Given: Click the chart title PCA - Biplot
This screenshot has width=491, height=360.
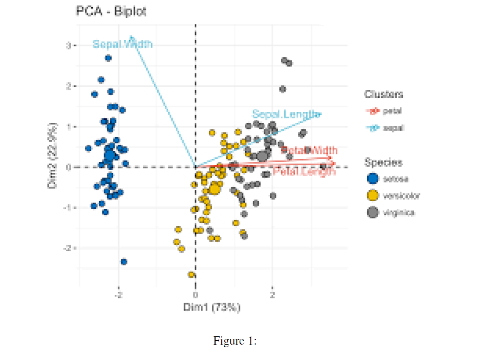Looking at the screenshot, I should click(x=111, y=11).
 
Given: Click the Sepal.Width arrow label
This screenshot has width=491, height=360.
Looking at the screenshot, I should click(x=122, y=44).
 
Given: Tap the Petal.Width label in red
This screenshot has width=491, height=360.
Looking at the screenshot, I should click(x=309, y=150).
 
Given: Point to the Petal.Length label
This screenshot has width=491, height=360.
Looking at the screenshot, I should click(x=304, y=171).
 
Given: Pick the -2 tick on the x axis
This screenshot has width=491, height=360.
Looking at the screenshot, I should click(x=118, y=295).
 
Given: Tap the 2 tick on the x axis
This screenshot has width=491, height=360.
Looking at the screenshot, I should click(x=272, y=295).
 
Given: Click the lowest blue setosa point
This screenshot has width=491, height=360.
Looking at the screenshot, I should click(x=124, y=262).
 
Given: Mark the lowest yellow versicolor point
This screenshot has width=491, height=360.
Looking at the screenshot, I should click(x=191, y=275).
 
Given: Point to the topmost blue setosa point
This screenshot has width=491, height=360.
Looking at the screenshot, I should click(x=108, y=58).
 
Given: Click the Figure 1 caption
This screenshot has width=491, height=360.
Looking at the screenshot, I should click(x=235, y=342).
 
